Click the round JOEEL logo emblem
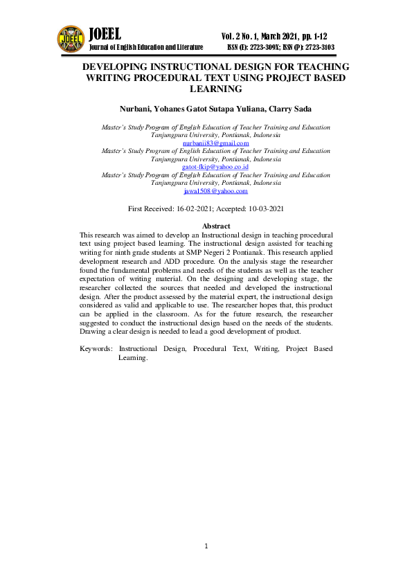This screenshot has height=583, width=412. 71,39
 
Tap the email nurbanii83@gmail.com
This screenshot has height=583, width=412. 215,143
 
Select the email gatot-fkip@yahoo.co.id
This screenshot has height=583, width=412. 215,167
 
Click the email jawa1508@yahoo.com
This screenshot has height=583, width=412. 215,190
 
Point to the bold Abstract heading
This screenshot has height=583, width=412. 215,227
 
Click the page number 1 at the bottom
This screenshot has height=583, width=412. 206,547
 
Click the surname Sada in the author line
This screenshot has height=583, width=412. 299,108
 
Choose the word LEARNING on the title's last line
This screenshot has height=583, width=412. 215,89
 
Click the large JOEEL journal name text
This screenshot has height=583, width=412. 105,34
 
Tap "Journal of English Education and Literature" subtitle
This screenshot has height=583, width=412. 146,47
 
